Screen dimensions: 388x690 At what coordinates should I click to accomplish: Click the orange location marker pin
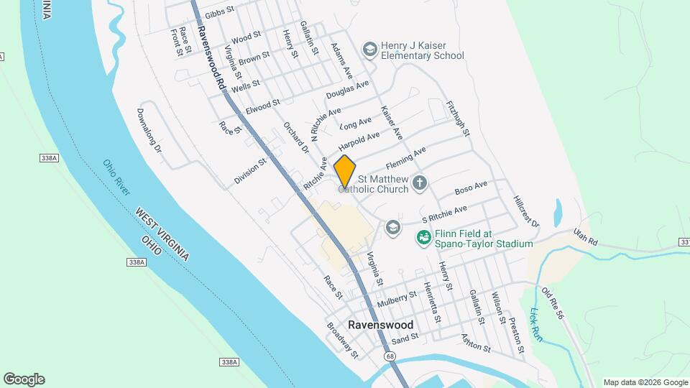point(345,172)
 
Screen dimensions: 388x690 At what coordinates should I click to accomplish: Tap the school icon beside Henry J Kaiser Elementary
point(370,50)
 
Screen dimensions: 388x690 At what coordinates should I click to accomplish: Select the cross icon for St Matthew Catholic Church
point(420,184)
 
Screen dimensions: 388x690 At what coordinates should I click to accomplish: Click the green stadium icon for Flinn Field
point(423,236)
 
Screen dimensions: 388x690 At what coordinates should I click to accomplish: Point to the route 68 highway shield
point(390,356)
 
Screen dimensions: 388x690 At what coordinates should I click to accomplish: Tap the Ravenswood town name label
point(380,325)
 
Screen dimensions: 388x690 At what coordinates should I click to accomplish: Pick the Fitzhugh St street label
point(458,119)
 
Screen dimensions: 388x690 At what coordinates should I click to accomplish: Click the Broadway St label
point(342,341)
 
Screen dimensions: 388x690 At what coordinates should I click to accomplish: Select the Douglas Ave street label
point(347,90)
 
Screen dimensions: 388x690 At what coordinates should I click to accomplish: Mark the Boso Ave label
point(471,189)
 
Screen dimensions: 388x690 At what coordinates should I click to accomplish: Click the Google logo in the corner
point(24,379)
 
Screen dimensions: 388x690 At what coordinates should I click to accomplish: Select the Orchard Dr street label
point(295,137)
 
